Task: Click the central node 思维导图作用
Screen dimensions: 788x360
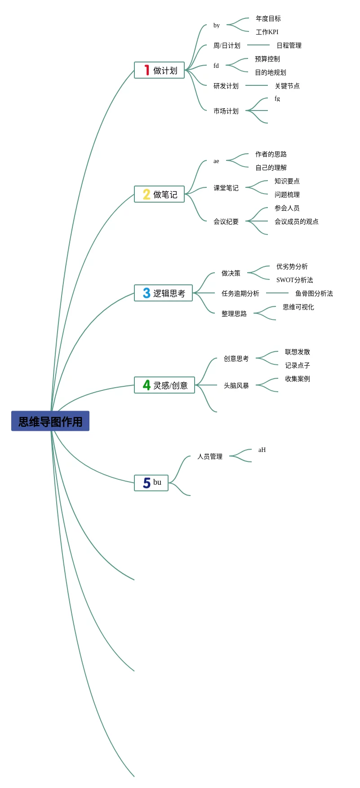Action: coord(50,421)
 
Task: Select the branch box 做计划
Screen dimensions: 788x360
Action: coord(160,70)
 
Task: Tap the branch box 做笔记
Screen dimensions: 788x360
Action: coord(160,194)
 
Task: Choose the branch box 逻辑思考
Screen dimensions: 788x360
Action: coord(163,293)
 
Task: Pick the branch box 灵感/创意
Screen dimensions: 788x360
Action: coord(164,385)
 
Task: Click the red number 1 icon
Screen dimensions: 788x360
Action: coord(147,70)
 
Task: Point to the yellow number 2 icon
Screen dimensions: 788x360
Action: coord(147,194)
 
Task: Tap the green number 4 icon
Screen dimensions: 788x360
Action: coord(147,385)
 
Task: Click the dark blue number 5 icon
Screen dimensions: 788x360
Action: coord(147,483)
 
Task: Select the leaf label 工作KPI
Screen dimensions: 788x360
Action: coord(267,32)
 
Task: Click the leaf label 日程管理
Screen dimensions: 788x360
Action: coord(289,45)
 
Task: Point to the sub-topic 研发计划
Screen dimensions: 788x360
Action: coord(226,86)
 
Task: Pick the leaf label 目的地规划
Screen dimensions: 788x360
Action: coord(271,72)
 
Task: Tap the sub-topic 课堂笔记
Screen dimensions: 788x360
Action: coord(226,188)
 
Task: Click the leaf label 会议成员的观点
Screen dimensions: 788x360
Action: coord(297,221)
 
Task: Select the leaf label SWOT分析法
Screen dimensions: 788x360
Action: coord(295,280)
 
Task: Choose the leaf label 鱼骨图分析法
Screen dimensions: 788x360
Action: coord(314,293)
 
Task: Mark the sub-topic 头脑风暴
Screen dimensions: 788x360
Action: coord(236,385)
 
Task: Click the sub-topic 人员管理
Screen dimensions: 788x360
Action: coord(210,456)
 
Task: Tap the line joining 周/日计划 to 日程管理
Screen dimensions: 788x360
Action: coord(258,45)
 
